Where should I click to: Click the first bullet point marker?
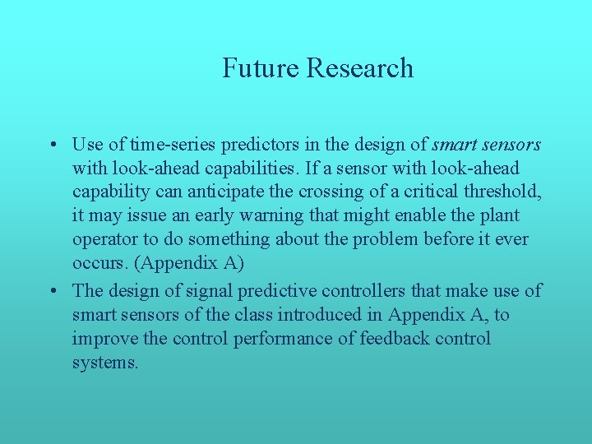click(x=52, y=146)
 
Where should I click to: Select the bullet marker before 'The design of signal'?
click(x=52, y=290)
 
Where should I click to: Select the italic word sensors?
click(x=511, y=145)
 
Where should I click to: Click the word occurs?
click(x=97, y=264)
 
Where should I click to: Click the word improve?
click(x=101, y=338)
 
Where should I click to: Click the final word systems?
click(x=105, y=362)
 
